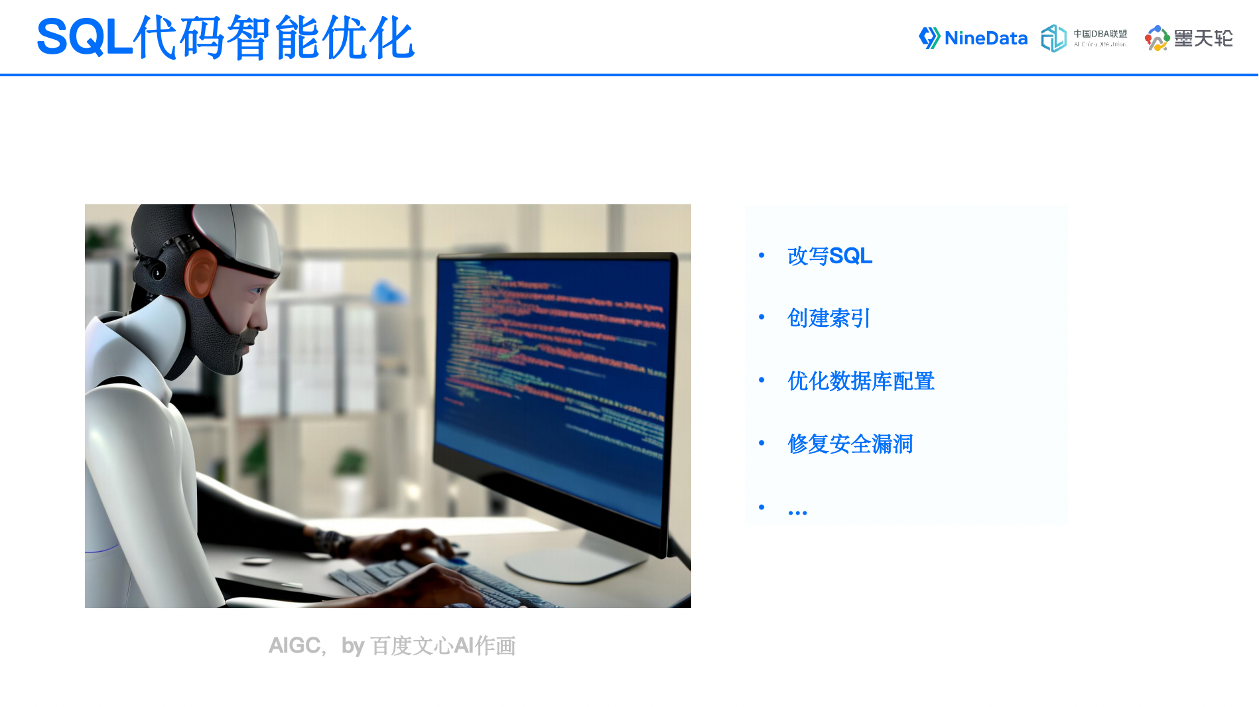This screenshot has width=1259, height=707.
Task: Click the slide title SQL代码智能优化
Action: pos(226,37)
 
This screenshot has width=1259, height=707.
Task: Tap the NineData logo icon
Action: pos(929,38)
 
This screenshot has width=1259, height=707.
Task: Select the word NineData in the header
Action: pos(986,38)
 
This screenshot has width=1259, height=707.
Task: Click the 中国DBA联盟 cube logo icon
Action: pos(1053,38)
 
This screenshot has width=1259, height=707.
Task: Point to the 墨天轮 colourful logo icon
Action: pos(1157,38)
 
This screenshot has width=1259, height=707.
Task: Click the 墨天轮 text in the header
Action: pos(1203,38)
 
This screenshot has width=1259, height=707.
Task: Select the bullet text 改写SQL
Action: pos(829,256)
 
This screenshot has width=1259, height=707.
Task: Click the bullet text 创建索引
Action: pos(828,318)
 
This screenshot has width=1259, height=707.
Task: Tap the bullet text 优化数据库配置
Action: pos(860,381)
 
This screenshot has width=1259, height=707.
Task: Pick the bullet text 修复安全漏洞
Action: pos(850,444)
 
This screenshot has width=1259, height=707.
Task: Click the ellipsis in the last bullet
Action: pos(797,512)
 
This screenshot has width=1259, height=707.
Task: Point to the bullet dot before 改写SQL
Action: pos(762,255)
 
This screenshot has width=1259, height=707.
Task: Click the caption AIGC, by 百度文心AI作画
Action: pos(392,645)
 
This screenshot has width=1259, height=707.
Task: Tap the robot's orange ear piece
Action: pos(200,273)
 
